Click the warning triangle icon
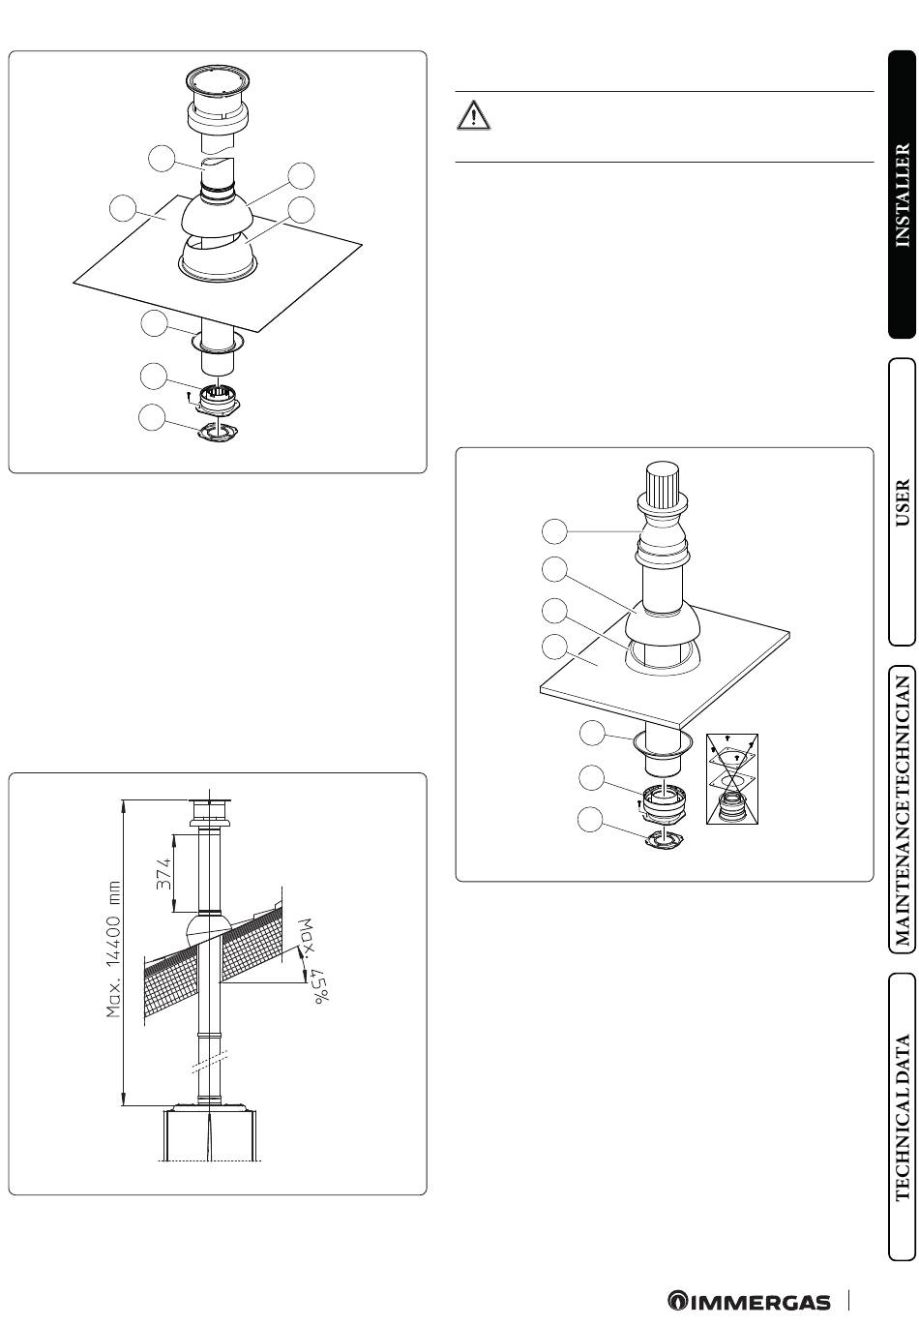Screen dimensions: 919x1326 [x=473, y=115]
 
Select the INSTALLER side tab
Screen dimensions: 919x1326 [x=902, y=195]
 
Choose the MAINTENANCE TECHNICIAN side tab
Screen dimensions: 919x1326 [x=902, y=809]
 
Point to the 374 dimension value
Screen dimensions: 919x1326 [x=163, y=874]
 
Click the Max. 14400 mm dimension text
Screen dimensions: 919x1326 [x=113, y=949]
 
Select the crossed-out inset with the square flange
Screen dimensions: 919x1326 [x=731, y=778]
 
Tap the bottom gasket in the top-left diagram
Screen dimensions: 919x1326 [x=218, y=432]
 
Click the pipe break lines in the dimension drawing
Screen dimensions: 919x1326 [x=210, y=1060]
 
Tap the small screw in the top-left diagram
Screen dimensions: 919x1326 [x=189, y=394]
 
